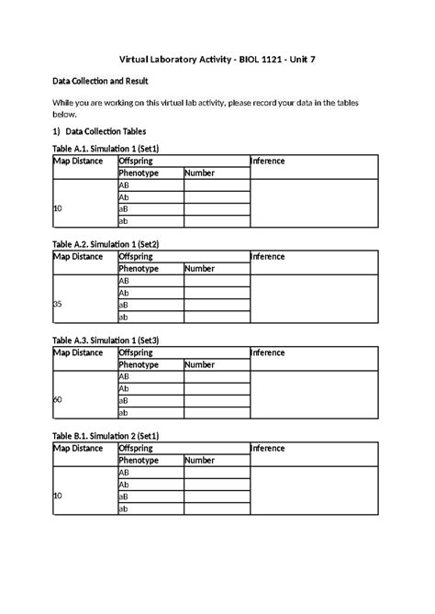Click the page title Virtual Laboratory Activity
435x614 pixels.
(217, 61)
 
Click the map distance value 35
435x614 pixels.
(58, 305)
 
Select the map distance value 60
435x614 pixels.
(58, 400)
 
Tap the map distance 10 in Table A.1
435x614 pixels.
(58, 208)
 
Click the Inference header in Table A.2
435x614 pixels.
(268, 257)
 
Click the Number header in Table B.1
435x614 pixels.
(199, 461)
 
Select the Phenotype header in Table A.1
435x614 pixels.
(139, 173)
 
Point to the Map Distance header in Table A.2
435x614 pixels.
(78, 257)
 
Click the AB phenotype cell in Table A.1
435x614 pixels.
(125, 184)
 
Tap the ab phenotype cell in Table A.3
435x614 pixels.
(124, 413)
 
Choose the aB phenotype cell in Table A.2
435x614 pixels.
(124, 305)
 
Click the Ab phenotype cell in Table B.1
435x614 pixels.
(124, 485)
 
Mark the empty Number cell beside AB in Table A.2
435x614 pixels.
(216, 281)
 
